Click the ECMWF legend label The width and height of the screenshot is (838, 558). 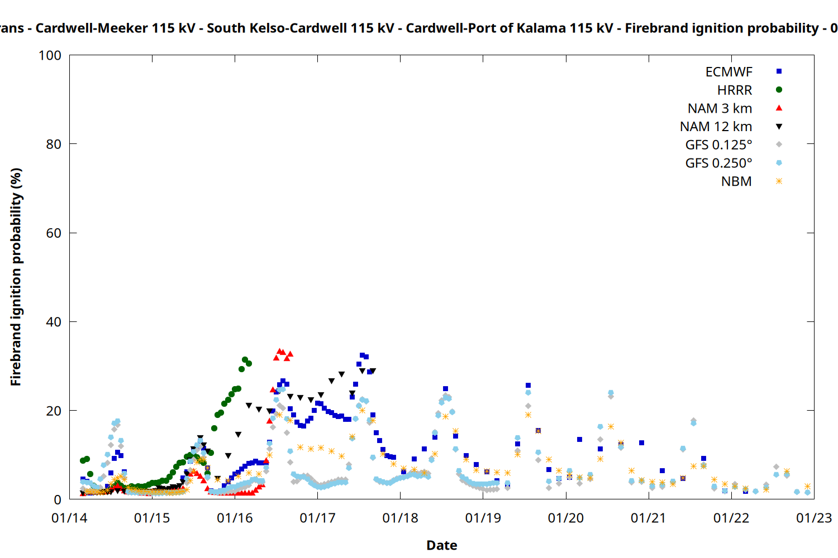coord(729,72)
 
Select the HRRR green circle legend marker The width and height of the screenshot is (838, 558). coord(779,90)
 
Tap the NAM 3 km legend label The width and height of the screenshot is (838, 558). coord(720,108)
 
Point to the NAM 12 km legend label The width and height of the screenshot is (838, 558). coord(716,127)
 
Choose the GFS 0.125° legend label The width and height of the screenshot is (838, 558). coord(718,145)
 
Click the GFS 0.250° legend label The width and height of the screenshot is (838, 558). coord(718,163)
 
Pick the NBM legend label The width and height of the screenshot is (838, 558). coord(736,182)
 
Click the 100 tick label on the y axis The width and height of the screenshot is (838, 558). coord(50,55)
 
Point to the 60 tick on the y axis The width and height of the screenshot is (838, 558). coord(54,233)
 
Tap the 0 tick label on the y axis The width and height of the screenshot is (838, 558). coord(58,500)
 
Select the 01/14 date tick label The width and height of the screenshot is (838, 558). coord(69,518)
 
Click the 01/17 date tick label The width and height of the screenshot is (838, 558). coord(317,518)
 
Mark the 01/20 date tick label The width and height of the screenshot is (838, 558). coord(566,518)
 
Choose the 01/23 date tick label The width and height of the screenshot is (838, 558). coord(814,518)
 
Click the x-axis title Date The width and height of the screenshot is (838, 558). coord(441,545)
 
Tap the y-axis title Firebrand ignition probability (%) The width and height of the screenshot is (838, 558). coord(16,277)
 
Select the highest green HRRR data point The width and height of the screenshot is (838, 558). coord(245,360)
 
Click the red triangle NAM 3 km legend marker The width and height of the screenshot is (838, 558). coord(779,108)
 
